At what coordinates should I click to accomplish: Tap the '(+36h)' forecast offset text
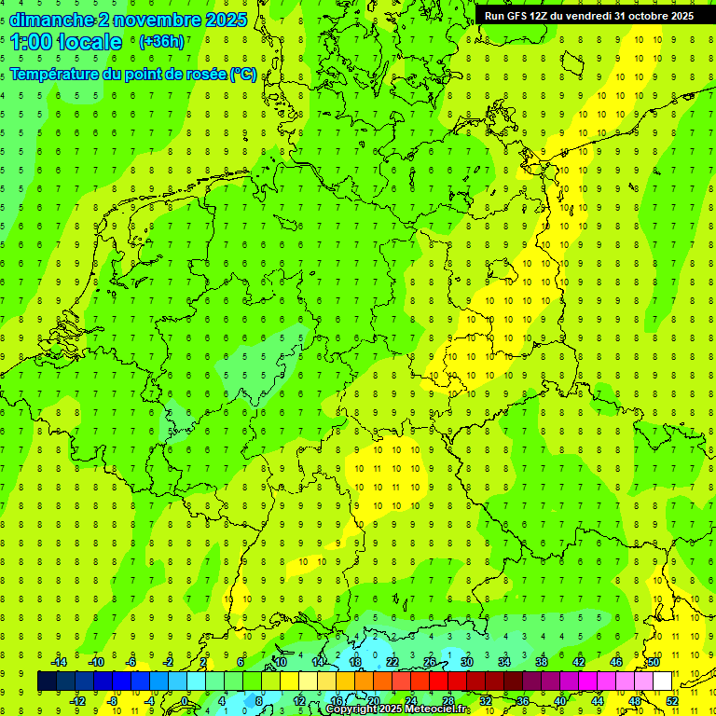[161, 42]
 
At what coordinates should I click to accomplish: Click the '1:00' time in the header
[31, 42]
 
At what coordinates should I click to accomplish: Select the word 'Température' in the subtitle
[57, 75]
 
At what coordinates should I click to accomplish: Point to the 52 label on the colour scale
[671, 700]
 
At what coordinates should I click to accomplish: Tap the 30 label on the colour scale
[466, 662]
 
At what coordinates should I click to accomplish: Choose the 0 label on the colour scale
[185, 700]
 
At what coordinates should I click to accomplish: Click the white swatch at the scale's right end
[662, 682]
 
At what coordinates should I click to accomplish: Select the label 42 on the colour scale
[578, 662]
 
